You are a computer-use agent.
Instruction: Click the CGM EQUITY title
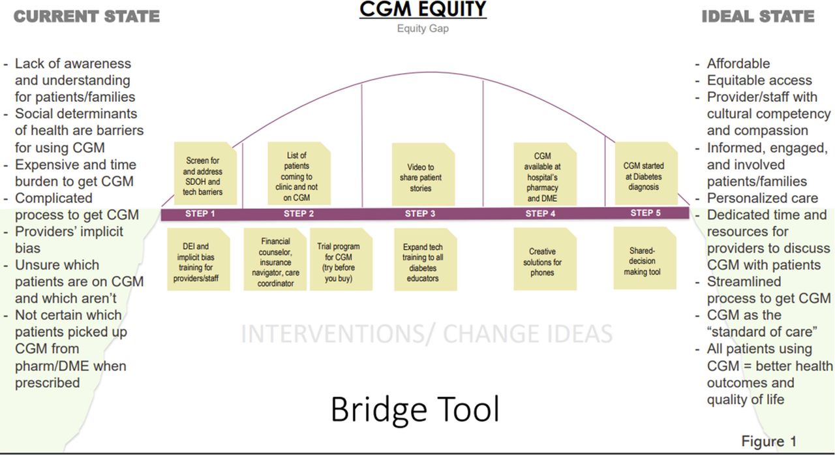423,10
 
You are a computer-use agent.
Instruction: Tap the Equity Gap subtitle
423,29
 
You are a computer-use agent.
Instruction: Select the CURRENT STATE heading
87,16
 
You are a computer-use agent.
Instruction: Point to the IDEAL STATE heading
758,16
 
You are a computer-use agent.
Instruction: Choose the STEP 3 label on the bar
421,213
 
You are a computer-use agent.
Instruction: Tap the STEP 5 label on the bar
646,213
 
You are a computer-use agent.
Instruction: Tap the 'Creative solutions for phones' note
542,262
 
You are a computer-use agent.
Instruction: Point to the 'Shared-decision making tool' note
642,260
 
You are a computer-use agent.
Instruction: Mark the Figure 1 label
768,441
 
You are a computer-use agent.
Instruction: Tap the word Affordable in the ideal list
738,63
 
